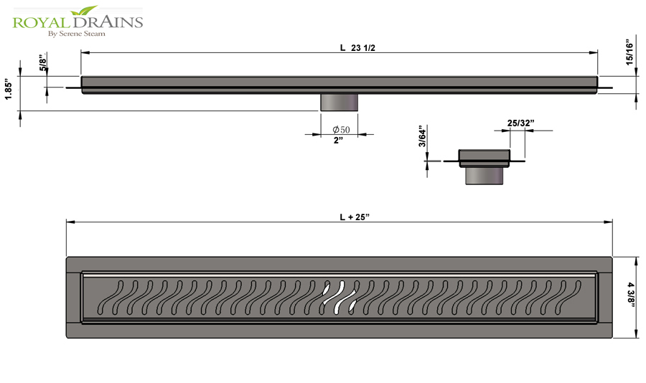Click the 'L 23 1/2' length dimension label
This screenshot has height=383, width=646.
pos(357,48)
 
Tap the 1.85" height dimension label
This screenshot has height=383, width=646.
pos(9,89)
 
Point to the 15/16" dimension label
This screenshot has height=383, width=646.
pos(629,52)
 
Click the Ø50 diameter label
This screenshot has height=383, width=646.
pos(341,130)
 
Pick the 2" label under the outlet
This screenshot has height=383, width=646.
pos(338,141)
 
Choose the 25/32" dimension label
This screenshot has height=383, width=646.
pos(521,123)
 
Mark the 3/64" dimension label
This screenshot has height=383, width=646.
pos(422,136)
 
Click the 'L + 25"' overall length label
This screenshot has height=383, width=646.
pos(355,217)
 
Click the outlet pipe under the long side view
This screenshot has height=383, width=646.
pos(339,103)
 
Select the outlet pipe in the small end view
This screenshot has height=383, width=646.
pos(484,176)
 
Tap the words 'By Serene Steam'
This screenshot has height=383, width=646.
pos(77,34)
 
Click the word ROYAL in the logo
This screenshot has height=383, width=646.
pos(39,22)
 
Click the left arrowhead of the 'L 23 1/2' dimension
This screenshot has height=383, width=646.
pos(85,52)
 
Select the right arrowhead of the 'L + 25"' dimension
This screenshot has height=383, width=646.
pos(608,222)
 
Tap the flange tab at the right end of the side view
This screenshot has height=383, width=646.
pos(605,88)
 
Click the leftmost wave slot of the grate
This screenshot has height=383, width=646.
pos(111,298)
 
